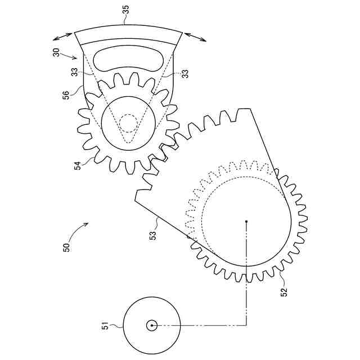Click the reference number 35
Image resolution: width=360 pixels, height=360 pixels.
click(x=126, y=10)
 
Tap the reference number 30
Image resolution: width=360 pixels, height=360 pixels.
click(x=56, y=52)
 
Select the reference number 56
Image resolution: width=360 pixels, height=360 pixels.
click(x=66, y=95)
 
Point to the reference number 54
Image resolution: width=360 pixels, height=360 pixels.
click(x=78, y=165)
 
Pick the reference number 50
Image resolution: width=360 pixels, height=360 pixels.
click(x=66, y=247)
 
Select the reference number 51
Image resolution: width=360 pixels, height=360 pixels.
click(x=105, y=326)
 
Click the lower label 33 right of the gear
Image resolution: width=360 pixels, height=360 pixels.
click(x=185, y=74)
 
